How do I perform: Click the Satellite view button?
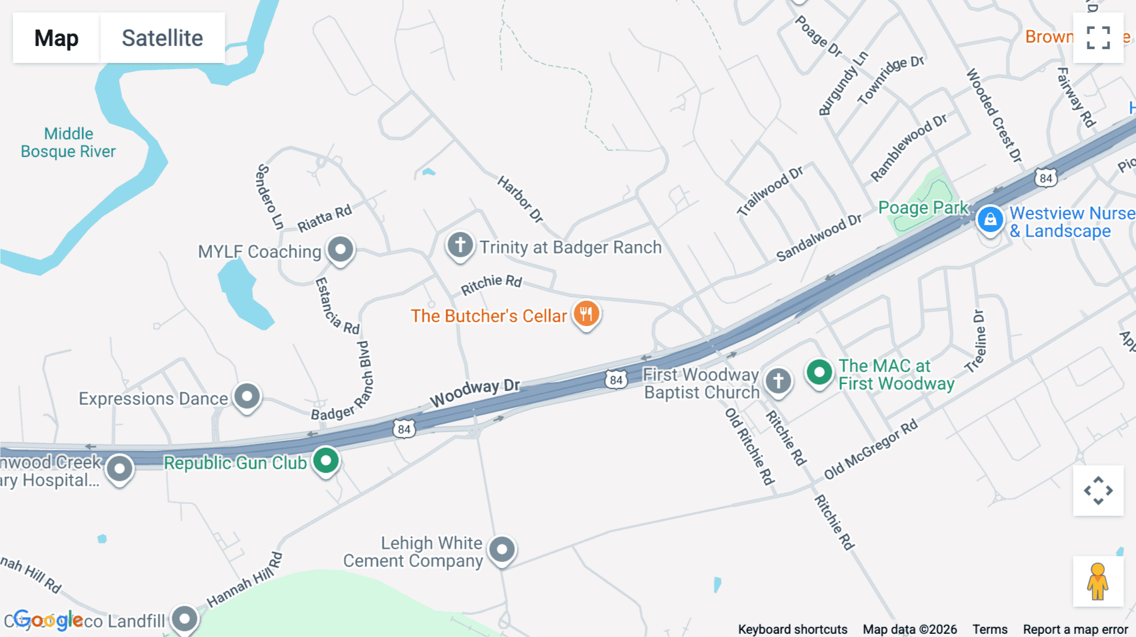(162, 38)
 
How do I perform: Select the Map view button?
(56, 38)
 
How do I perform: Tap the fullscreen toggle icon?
(1098, 38)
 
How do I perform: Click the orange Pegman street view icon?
(1098, 581)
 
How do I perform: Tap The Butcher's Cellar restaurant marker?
(586, 313)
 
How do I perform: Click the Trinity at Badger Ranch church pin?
(460, 245)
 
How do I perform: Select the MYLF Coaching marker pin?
(341, 249)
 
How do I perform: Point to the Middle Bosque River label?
(68, 143)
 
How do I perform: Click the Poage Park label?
(923, 207)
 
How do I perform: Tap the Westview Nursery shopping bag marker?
(990, 219)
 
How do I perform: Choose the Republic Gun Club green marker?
(326, 461)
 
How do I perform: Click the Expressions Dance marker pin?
(247, 397)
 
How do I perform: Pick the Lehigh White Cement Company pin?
(502, 550)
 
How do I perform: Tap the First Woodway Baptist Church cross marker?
(778, 381)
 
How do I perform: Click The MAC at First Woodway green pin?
(819, 372)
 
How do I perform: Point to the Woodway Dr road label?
(475, 392)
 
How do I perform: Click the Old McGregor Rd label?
(871, 450)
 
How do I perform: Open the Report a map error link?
(1075, 629)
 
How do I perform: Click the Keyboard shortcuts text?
(793, 629)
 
